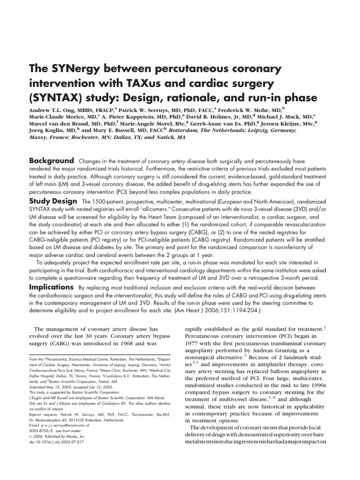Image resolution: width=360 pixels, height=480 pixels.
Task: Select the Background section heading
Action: coord(52,161)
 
